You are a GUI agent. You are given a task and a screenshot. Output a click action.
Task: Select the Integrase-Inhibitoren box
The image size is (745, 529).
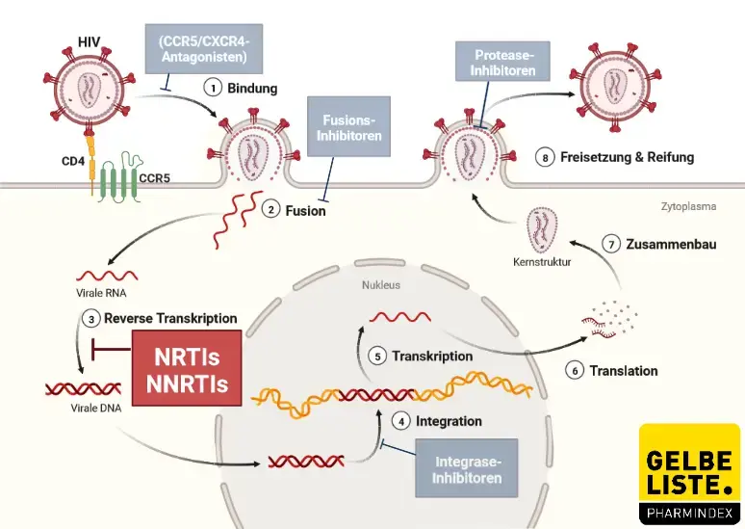tap(467, 467)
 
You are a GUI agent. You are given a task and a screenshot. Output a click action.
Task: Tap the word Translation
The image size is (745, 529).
tap(624, 370)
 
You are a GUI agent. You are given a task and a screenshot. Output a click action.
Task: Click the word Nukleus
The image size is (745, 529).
tap(380, 286)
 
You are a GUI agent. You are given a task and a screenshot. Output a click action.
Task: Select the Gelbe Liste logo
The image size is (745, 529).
tap(689, 473)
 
